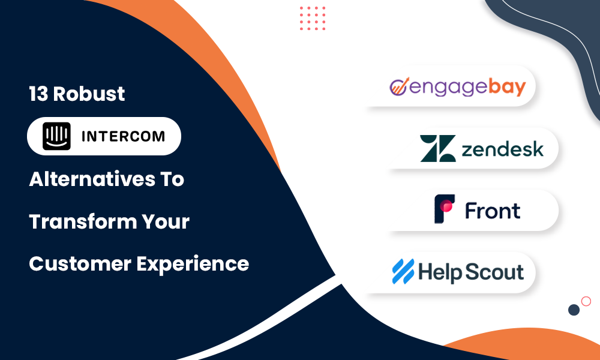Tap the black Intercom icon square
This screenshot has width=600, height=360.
pyautogui.click(x=56, y=136)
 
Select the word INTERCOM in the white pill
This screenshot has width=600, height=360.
pyautogui.click(x=123, y=136)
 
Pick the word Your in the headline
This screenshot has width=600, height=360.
pyautogui.click(x=163, y=222)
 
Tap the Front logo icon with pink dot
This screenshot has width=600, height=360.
pyautogui.click(x=445, y=209)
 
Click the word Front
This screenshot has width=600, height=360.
pyautogui.click(x=493, y=210)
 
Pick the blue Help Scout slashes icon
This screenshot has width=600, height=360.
pyautogui.click(x=403, y=271)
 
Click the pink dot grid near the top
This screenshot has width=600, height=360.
pyautogui.click(x=313, y=19)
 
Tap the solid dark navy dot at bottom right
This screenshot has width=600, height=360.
pyautogui.click(x=574, y=310)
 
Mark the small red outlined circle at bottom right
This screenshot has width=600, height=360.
pyautogui.click(x=586, y=301)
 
